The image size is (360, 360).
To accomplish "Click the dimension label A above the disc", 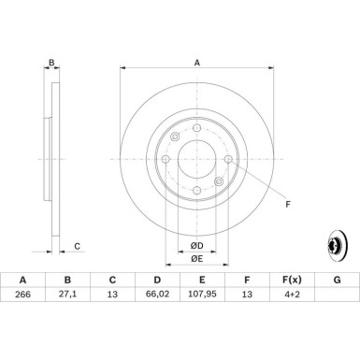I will coord(196,63).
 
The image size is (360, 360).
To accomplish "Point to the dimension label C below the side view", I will coord(78,246).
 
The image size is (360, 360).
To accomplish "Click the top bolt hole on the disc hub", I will coord(196,128).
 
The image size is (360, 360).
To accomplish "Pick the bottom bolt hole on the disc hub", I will coord(196,191).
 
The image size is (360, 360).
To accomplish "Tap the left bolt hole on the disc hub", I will coord(166,160).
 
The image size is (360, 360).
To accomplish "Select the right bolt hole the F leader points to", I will coord(228,160).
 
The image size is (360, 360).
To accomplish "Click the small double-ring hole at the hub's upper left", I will coord(176,138).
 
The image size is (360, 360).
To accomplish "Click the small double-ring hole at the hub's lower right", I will coord(218,181).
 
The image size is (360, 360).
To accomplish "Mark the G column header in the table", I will coord(336,280).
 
